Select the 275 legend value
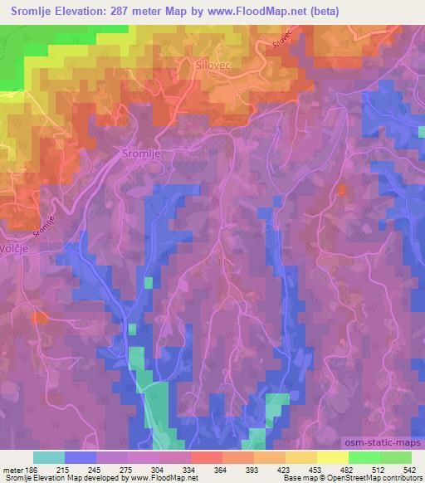click(x=126, y=470)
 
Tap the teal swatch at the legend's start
click(x=49, y=457)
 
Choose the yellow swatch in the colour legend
click(x=332, y=457)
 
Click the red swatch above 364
click(x=206, y=457)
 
